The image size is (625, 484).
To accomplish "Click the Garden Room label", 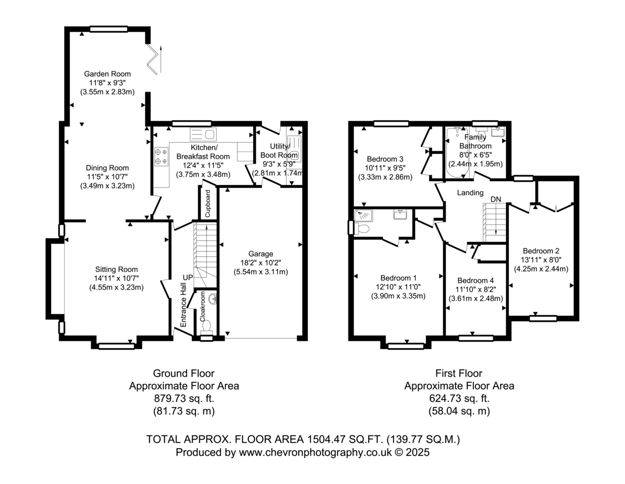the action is [x=107, y=74].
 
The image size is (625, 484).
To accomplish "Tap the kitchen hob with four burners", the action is [x=161, y=157].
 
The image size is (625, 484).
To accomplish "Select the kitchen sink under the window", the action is [x=203, y=134].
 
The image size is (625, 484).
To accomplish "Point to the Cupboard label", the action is [x=208, y=204].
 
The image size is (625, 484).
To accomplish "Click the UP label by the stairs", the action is [x=188, y=278].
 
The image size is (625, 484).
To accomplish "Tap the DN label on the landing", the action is [x=496, y=200].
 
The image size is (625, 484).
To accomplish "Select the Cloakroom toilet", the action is [x=207, y=328].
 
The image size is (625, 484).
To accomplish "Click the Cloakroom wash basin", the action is [x=213, y=299].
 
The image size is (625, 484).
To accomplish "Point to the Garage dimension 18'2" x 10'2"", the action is [x=260, y=263].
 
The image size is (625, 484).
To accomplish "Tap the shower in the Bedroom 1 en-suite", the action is [x=363, y=216].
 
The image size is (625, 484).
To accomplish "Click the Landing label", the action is [x=470, y=193].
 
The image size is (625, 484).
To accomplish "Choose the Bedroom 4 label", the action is [x=476, y=280].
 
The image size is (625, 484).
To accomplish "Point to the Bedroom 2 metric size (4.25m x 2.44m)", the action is [x=541, y=269].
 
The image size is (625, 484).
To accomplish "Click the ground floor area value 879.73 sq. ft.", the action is [x=184, y=399].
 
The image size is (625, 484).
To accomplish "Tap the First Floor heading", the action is [x=459, y=373].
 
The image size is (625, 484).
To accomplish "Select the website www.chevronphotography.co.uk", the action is [x=315, y=452].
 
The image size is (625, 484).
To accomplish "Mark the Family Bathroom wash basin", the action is [x=497, y=132].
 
